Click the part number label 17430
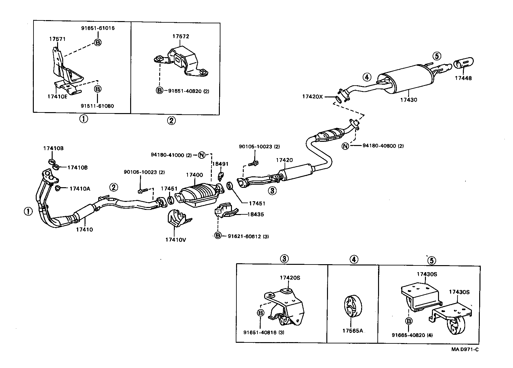[409, 100]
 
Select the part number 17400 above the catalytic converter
[194, 175]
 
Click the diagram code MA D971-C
[465, 349]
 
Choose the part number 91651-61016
[98, 28]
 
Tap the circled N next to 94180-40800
[345, 146]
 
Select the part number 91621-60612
[244, 236]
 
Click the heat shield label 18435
[256, 214]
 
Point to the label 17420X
[313, 96]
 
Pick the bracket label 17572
[181, 36]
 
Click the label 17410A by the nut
[80, 189]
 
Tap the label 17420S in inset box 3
[290, 278]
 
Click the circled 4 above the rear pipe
[367, 77]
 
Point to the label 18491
[220, 164]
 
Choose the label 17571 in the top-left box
[57, 39]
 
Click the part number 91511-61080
[98, 106]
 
